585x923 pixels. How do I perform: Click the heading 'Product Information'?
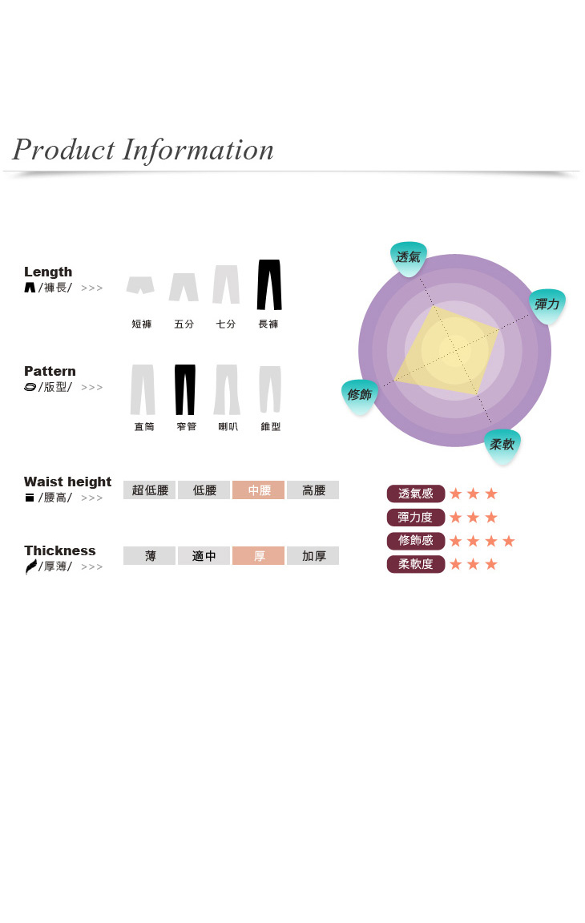pos(143,150)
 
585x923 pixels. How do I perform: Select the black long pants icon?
pos(269,284)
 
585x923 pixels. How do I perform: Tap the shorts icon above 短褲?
pos(141,285)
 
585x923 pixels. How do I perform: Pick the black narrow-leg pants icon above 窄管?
pos(185,389)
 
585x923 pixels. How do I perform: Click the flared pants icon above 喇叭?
pos(227,389)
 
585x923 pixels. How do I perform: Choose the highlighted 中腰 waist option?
pos(259,490)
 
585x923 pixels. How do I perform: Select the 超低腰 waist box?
pos(150,490)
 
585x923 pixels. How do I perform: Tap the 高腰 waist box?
pos(313,490)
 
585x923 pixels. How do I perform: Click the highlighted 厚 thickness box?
pos(259,556)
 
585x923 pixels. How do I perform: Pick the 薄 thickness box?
pos(150,556)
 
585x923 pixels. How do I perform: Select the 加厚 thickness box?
pos(313,556)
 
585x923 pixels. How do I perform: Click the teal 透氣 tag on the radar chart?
pos(409,258)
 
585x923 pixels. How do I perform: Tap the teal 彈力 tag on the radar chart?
pos(547,305)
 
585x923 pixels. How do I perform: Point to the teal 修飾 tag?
pos(360,396)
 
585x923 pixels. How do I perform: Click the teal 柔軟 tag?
pos(502,445)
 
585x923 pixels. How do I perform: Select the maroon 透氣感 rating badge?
pos(415,494)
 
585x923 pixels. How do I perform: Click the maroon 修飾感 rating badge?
pos(415,540)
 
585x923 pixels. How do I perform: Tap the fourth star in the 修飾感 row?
pos(509,540)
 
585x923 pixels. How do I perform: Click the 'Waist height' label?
pos(67,482)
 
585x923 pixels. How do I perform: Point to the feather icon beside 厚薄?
pos(30,566)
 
